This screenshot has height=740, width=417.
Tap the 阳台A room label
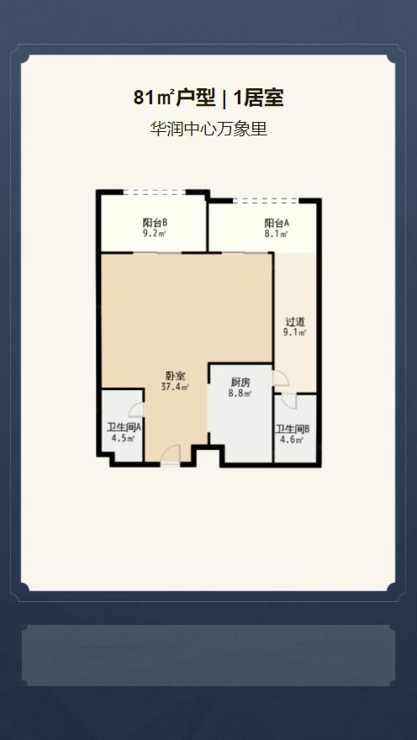click(277, 223)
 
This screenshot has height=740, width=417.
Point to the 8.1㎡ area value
click(277, 234)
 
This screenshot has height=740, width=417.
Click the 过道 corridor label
click(295, 322)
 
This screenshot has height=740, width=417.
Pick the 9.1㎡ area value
click(295, 333)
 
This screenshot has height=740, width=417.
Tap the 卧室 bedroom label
click(176, 377)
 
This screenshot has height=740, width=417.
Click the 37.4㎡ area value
click(176, 388)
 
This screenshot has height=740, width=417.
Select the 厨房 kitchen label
click(240, 383)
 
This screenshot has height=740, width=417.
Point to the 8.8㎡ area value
click(240, 394)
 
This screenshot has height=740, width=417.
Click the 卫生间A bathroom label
click(124, 428)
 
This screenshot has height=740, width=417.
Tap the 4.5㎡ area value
click(123, 439)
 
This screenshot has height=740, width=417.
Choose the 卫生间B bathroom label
click(293, 430)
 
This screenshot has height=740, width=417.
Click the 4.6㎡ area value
click(292, 441)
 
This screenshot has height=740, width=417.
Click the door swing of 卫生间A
click(136, 410)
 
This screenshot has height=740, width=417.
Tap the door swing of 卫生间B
click(288, 400)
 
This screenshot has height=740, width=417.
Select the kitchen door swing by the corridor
click(280, 378)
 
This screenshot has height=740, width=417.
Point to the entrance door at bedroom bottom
click(171, 454)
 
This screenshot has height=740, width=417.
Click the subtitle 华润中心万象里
click(208, 129)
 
